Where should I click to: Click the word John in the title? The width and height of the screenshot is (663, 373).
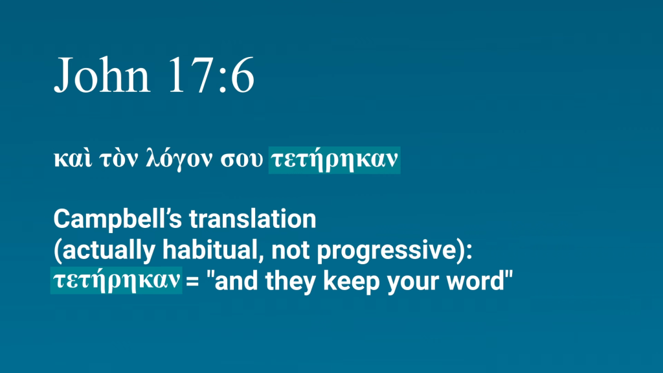pyautogui.click(x=102, y=75)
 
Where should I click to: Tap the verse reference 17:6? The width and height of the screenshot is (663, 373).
pyautogui.click(x=211, y=75)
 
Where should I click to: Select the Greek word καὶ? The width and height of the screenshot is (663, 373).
pyautogui.click(x=73, y=159)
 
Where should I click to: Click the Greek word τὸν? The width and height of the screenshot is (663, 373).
pyautogui.click(x=118, y=159)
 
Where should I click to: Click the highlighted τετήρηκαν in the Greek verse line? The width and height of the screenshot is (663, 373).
pyautogui.click(x=334, y=161)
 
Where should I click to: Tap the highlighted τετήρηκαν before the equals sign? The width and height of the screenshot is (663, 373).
pyautogui.click(x=117, y=280)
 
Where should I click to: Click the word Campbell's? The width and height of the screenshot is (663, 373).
pyautogui.click(x=118, y=219)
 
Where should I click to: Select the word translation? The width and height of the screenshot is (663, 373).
pyautogui.click(x=253, y=219)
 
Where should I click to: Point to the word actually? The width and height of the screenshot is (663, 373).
pyautogui.click(x=104, y=251)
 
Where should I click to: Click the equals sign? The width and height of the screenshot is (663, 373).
pyautogui.click(x=192, y=281)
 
